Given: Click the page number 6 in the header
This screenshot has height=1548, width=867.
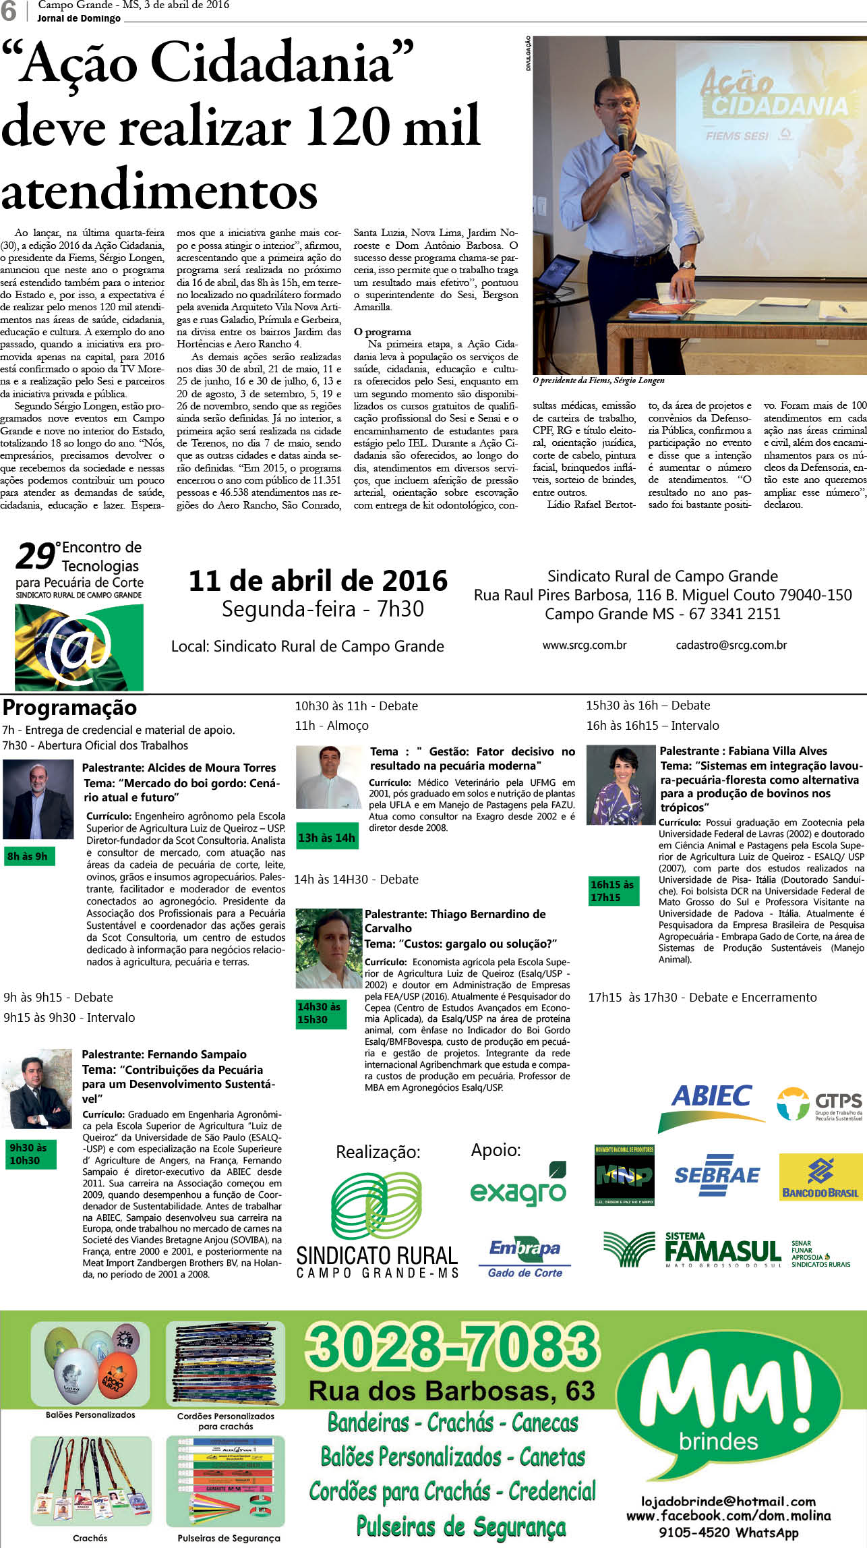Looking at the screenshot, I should (x=9, y=11).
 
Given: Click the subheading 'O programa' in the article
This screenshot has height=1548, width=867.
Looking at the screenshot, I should (x=382, y=332).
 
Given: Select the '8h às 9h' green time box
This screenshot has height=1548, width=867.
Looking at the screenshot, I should (x=28, y=857).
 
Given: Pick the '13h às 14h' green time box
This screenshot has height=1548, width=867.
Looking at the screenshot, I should (x=326, y=838).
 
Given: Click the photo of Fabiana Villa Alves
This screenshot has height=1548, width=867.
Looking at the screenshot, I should (x=620, y=785).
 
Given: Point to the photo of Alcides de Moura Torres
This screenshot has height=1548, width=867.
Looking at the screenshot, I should (x=38, y=799).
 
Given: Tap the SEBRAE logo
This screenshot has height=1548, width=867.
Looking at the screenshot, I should (x=717, y=1175).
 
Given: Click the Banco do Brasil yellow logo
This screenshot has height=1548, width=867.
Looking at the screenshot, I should (x=820, y=1177).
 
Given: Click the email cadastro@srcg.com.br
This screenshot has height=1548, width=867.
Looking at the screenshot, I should (x=731, y=646).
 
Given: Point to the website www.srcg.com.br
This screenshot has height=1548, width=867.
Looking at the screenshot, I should (x=585, y=646).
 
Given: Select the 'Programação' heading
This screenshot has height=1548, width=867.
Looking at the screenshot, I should (x=69, y=708).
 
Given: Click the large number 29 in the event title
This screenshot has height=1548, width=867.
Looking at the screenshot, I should (x=36, y=557).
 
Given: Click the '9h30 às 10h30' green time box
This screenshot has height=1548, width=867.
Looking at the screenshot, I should (x=29, y=1154).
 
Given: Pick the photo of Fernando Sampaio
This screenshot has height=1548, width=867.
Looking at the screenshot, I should (x=38, y=1088).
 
